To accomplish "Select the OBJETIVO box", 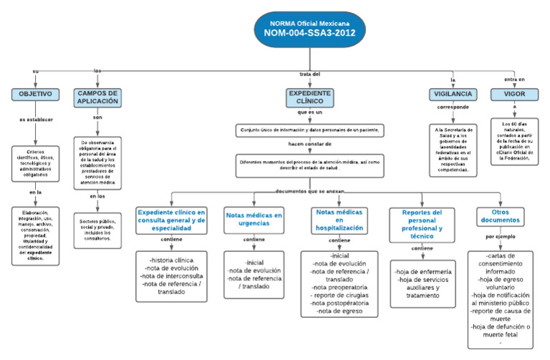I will tap(35, 94).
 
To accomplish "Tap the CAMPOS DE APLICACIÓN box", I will tap(97, 97).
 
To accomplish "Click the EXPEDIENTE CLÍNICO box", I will tap(310, 97).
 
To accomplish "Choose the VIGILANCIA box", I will tap(453, 94).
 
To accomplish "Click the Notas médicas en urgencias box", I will tap(254, 219).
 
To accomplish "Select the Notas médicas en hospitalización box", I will tap(339, 219).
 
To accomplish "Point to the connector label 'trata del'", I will tap(309, 74).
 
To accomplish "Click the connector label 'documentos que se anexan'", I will tap(309, 190).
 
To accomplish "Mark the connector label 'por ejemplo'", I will tap(501, 236).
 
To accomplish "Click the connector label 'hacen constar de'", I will tap(310, 144).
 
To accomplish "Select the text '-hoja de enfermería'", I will tap(422, 272).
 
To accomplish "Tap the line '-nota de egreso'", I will tap(339, 311).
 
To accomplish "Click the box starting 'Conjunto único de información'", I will tap(310, 130).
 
